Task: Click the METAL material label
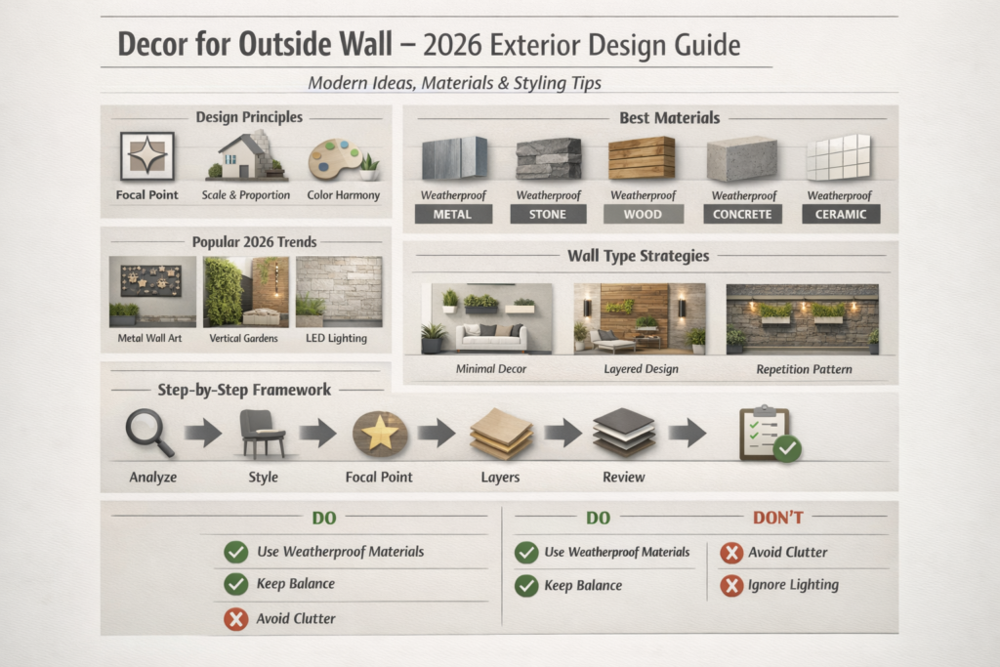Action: (x=453, y=214)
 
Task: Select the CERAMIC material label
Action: (x=840, y=214)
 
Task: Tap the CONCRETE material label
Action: (x=743, y=214)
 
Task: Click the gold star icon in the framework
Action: (x=379, y=433)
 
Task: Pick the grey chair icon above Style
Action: (x=262, y=433)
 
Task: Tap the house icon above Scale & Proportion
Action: (x=245, y=156)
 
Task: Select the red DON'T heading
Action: (x=777, y=518)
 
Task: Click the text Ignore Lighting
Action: (x=794, y=585)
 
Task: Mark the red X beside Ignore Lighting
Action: (x=730, y=586)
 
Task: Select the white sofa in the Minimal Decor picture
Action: (x=491, y=337)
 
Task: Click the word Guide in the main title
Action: (x=704, y=45)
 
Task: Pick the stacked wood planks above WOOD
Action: (x=642, y=157)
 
